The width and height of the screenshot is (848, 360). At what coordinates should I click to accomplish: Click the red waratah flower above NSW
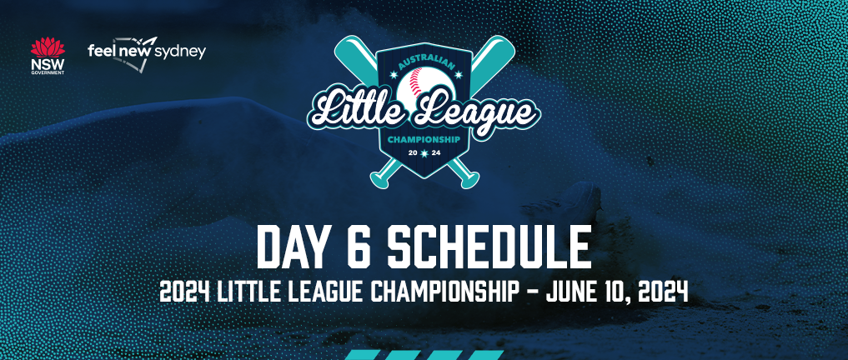[x=48, y=47]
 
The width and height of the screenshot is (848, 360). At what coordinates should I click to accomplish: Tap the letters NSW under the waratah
[x=48, y=64]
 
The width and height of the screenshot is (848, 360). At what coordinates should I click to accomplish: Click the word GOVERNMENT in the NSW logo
[x=48, y=72]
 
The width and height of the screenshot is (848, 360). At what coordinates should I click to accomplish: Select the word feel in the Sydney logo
[x=99, y=52]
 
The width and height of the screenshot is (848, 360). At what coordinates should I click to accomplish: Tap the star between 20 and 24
[x=424, y=154]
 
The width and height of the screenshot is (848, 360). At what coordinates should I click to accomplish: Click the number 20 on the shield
[x=412, y=154]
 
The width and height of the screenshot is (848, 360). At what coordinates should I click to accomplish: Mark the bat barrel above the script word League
[x=492, y=59]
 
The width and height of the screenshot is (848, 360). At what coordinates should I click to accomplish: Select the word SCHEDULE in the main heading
[x=489, y=247]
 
